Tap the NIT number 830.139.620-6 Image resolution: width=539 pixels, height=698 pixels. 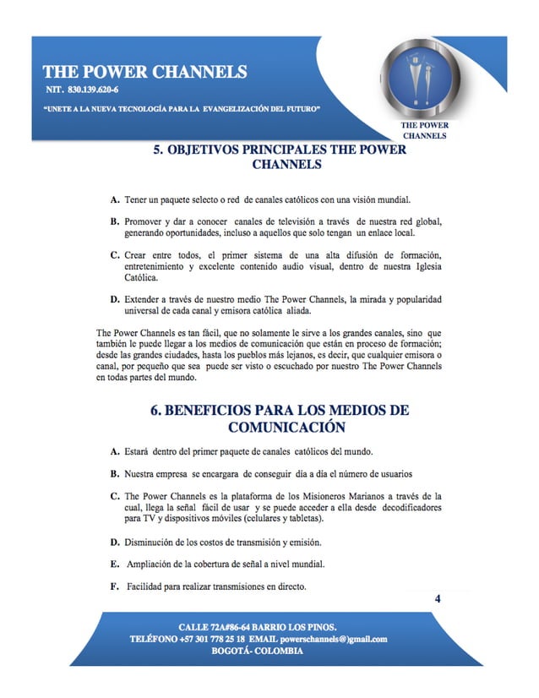tap(81, 90)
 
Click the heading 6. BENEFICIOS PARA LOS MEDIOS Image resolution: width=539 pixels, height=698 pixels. tap(280, 411)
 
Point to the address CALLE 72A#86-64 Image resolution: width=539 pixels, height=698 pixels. tap(215, 627)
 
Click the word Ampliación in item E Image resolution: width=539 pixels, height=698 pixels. tap(155, 564)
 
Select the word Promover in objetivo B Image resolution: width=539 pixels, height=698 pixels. tap(147, 221)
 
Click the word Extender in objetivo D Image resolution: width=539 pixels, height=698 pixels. tap(145, 300)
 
